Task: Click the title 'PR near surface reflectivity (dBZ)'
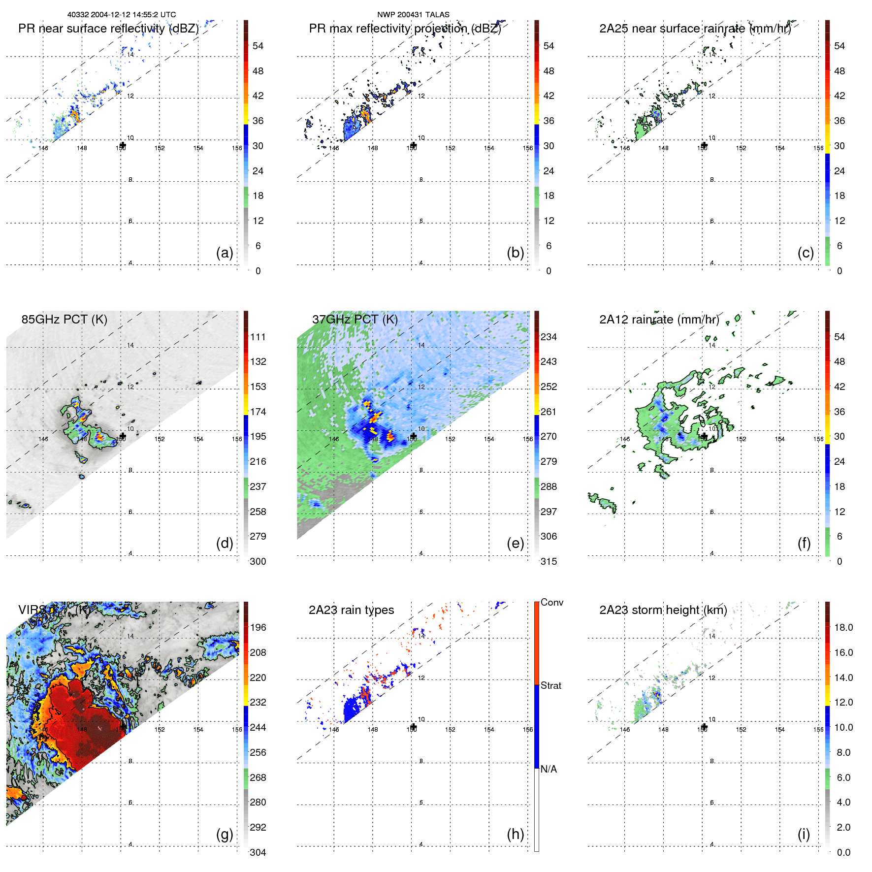[108, 29]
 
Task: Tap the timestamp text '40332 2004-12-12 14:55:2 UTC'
[122, 15]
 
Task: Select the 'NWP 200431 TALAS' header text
[413, 15]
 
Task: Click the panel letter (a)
[225, 253]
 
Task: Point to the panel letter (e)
[515, 543]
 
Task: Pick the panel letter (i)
[804, 834]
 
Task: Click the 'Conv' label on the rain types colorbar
[552, 602]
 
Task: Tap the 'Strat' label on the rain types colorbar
[551, 685]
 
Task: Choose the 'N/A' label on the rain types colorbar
[549, 769]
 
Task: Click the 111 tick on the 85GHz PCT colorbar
[258, 337]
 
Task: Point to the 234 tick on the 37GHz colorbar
[549, 337]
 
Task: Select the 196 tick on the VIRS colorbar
[258, 627]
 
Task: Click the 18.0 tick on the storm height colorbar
[843, 627]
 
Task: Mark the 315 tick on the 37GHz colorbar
[549, 561]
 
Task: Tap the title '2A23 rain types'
[351, 610]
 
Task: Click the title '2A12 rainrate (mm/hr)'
[659, 320]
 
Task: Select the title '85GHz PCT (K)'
[64, 320]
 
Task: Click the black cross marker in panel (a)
[123, 145]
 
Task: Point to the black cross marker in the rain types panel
[413, 727]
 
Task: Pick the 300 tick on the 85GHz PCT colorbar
[258, 561]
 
